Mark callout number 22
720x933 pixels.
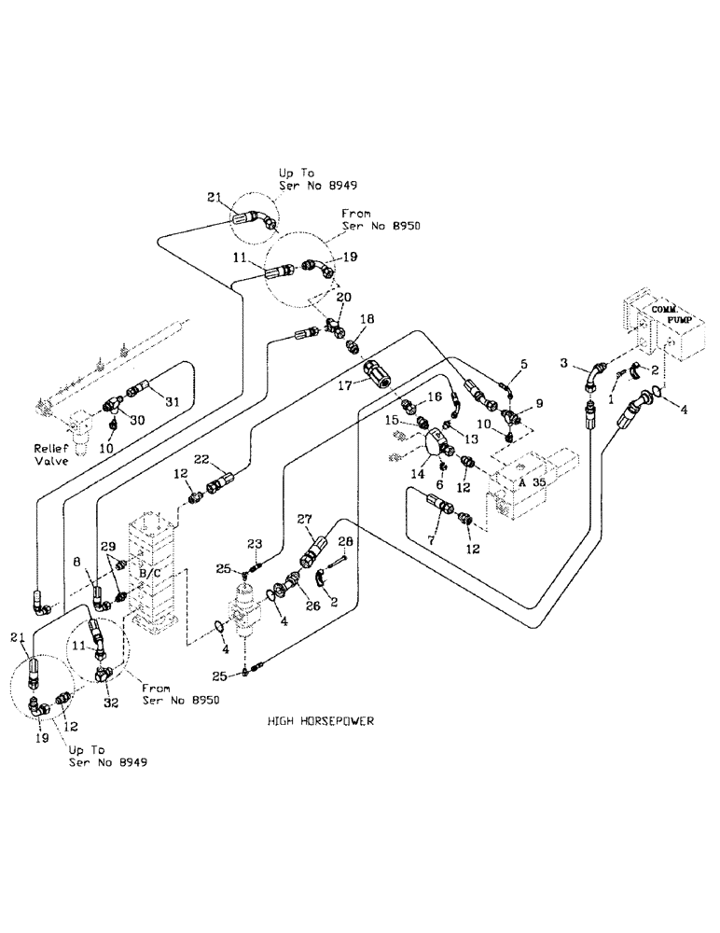tap(201, 459)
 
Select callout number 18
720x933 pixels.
tap(367, 319)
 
